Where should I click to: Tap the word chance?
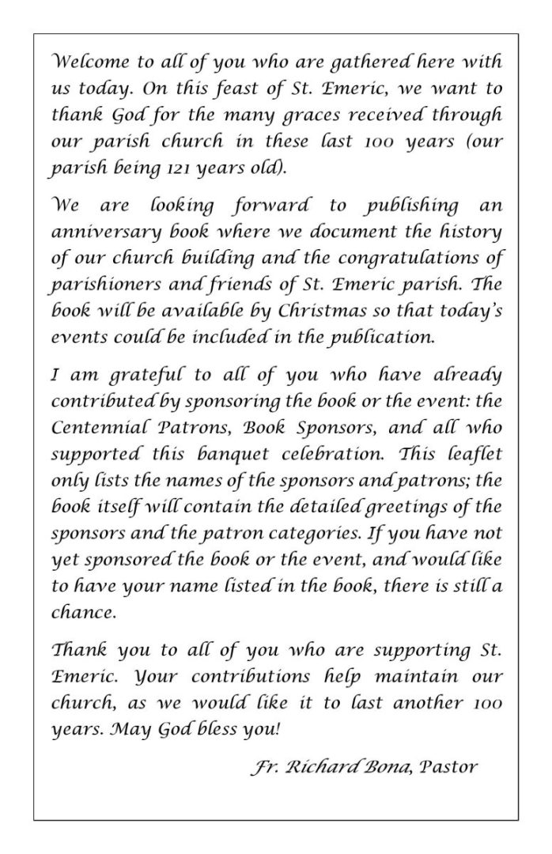click(x=76, y=590)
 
